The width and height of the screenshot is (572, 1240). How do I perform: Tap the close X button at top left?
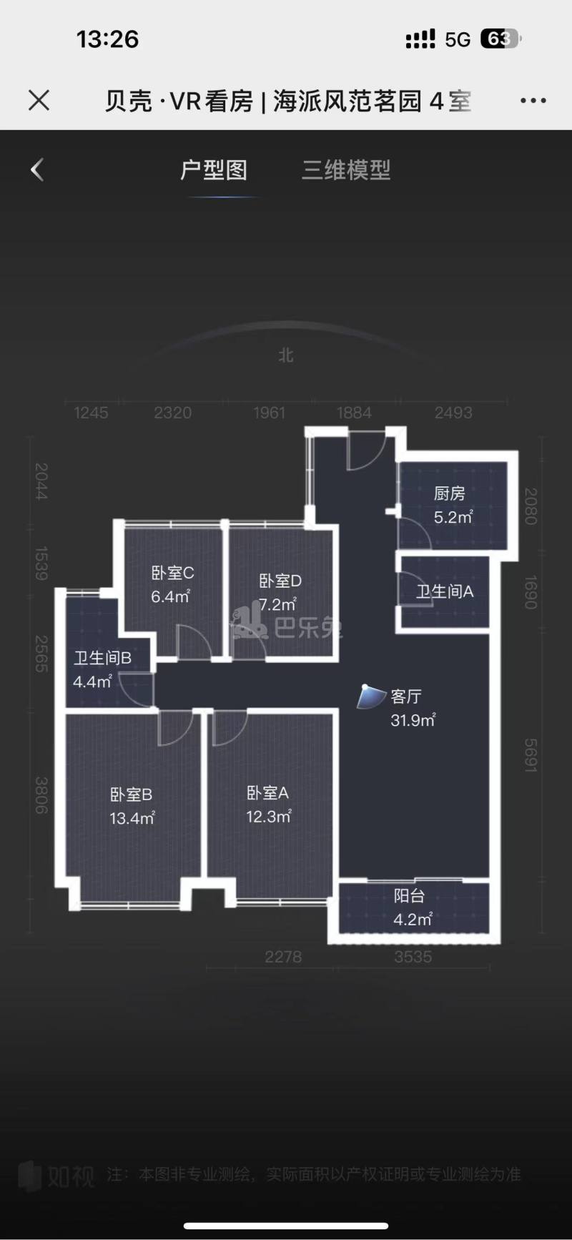[39, 100]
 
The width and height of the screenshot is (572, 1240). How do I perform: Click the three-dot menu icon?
[533, 101]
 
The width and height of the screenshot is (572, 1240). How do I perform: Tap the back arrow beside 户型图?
[37, 169]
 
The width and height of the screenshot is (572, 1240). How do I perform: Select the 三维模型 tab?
[346, 170]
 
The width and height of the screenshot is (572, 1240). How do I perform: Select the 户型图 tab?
[214, 170]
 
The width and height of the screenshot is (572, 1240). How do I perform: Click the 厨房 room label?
[449, 493]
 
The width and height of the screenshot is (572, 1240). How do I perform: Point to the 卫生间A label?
[445, 591]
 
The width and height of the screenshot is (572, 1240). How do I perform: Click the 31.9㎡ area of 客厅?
[413, 720]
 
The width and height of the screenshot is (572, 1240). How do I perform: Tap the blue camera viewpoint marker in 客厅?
[370, 697]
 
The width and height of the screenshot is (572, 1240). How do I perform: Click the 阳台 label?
[409, 895]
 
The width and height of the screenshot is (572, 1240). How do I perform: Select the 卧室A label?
[267, 792]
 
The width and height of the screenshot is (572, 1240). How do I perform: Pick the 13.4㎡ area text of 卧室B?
[132, 818]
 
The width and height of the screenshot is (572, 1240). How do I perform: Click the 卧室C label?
[172, 573]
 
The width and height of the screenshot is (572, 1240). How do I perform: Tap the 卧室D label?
[280, 581]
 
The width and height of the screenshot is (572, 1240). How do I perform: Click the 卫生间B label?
[102, 658]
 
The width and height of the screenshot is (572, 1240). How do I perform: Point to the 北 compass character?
[286, 355]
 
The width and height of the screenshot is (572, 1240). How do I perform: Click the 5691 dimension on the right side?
[530, 755]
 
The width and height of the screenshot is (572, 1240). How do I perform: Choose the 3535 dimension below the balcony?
[413, 957]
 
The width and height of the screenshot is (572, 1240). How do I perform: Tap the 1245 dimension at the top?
[91, 413]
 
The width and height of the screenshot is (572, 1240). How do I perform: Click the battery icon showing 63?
[500, 39]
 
